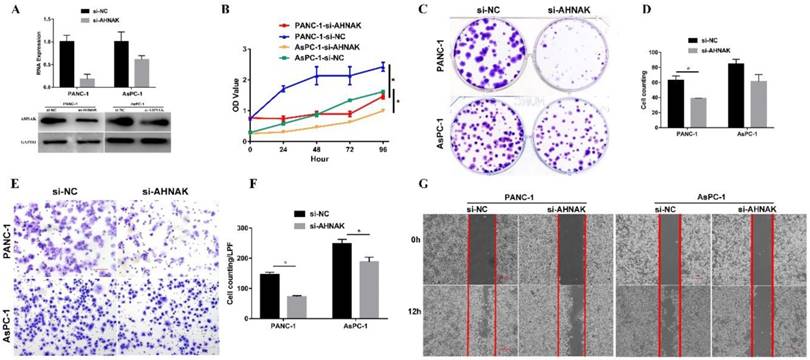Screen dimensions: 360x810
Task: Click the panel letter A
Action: [x=13, y=12]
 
